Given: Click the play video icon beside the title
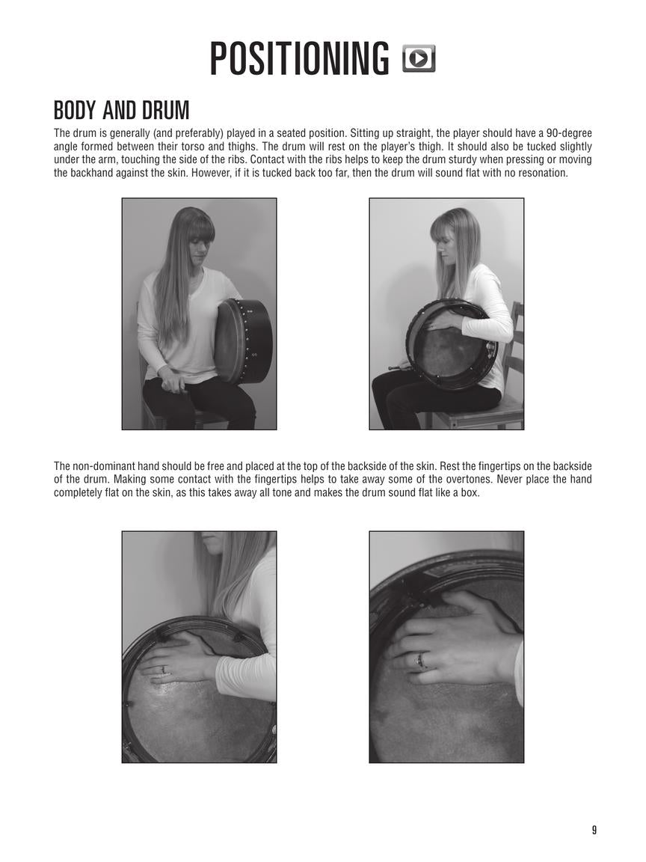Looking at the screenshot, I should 419,58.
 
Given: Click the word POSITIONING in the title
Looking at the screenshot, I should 299,59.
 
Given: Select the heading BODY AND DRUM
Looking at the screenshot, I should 121,111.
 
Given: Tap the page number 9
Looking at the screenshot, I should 594,830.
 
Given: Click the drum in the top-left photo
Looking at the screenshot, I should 243,340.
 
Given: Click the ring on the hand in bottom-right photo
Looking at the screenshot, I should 421,660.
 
